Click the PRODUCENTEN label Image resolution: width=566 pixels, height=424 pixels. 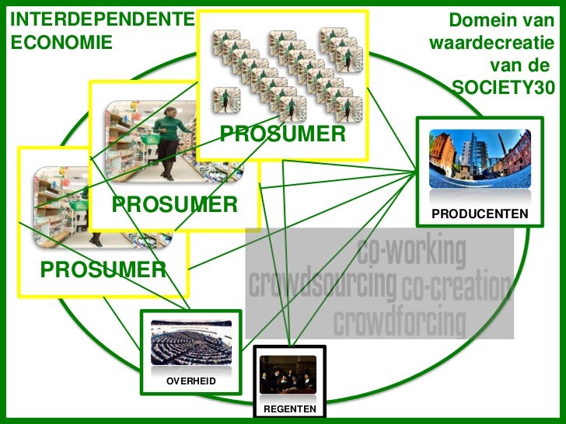coord(480,214)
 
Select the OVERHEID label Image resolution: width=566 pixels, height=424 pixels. coord(190,381)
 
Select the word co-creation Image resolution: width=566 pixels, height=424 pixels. coord(456,288)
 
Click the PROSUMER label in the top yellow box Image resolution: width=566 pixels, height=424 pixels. coord(282,134)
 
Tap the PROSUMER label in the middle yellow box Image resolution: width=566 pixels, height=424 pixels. coord(174,204)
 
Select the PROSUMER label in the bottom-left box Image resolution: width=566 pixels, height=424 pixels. coord(103,269)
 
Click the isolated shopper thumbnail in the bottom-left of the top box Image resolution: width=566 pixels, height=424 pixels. coord(225,99)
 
